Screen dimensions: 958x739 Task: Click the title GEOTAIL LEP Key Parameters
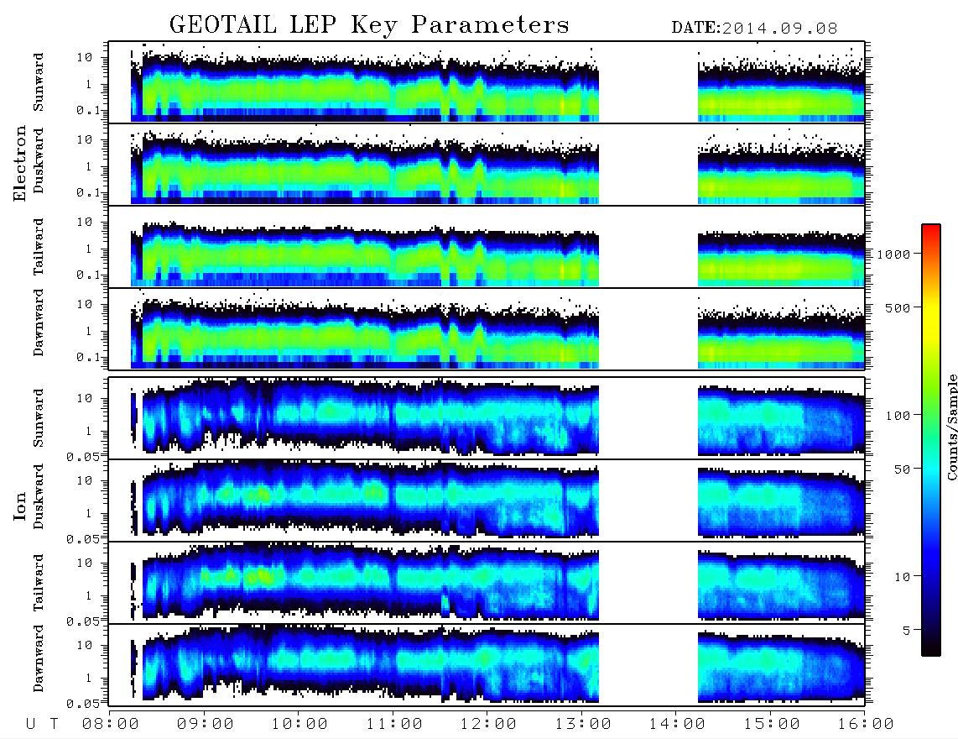coord(369,25)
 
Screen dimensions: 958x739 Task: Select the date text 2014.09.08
coord(779,29)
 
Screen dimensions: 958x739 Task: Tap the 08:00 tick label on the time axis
coord(111,724)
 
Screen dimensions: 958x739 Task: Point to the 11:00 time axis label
coord(394,724)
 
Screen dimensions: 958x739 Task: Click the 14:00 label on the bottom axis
coord(677,724)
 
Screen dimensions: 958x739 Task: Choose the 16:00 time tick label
coord(866,724)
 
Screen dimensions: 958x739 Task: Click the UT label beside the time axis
coord(42,724)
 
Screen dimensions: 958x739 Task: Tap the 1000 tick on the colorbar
coord(893,254)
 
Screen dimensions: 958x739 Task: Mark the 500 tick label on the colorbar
coord(898,307)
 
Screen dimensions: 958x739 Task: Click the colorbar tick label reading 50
coord(902,469)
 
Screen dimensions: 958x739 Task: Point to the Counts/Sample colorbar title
coord(951,427)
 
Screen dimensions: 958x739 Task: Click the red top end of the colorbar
coord(930,227)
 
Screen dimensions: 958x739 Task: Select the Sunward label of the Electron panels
coord(39,82)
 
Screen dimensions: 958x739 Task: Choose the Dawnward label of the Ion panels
coord(39,658)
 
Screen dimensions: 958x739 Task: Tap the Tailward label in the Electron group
coord(39,247)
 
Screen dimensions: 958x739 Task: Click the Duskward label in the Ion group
coord(39,496)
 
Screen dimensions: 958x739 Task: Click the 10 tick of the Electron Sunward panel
coord(85,57)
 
